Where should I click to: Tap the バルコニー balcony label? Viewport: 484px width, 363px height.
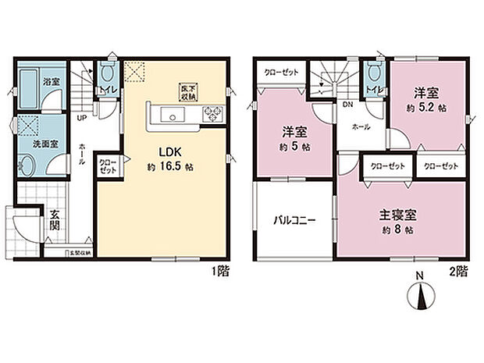pos(294,222)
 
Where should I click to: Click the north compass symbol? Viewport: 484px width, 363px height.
pos(420,297)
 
